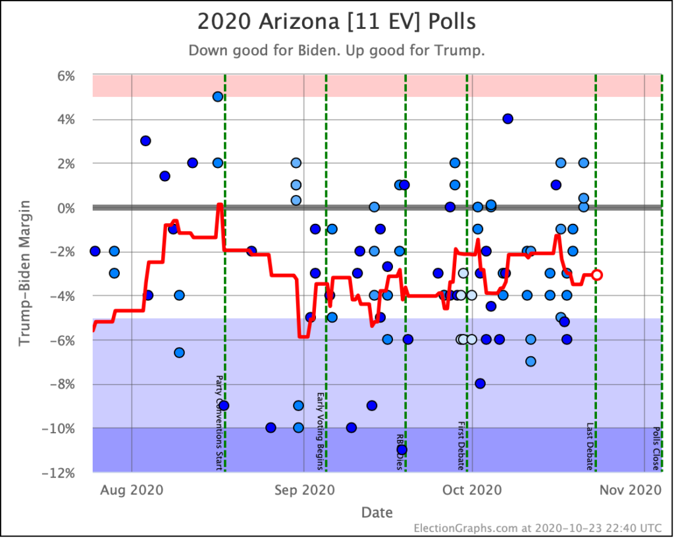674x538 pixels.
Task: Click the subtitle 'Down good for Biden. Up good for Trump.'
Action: [336, 51]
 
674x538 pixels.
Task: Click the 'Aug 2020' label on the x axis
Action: [132, 490]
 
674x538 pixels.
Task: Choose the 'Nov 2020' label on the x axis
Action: [639, 490]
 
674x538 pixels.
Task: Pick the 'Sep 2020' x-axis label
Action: [303, 490]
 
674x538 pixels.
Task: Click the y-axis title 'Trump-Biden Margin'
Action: [24, 273]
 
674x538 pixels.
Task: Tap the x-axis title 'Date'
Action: [376, 512]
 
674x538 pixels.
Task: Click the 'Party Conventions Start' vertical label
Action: [219, 423]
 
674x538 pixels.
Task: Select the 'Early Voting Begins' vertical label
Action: [321, 431]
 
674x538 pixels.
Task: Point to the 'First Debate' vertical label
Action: [461, 446]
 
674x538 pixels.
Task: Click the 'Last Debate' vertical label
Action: [590, 446]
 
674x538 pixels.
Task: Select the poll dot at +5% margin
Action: [218, 97]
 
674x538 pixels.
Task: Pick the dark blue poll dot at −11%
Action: [402, 450]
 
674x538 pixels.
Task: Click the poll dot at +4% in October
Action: [507, 119]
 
